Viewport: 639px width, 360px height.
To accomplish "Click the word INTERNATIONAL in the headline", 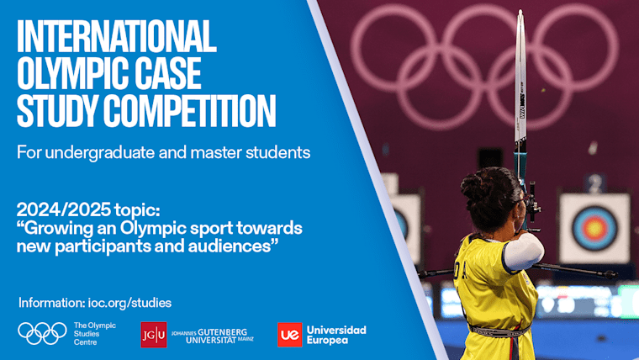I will [116, 36].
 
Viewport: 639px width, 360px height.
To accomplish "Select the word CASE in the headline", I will [165, 73].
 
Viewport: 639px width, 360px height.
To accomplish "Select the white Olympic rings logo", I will [42, 333].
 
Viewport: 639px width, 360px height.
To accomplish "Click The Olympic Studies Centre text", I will [95, 333].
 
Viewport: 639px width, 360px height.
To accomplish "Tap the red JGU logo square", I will [153, 334].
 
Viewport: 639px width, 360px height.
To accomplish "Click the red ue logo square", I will [289, 334].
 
